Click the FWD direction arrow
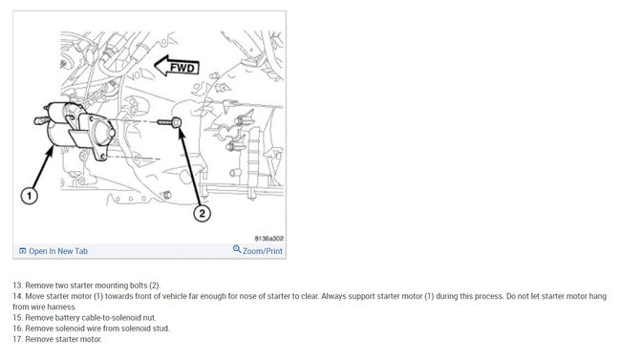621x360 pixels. pos(176,66)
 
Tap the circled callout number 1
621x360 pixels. pos(29,196)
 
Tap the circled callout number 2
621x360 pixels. pos(202,214)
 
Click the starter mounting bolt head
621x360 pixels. pos(177,122)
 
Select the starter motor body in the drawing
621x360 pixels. pos(75,130)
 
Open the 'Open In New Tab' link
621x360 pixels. pos(58,251)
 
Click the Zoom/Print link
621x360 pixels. pos(263,251)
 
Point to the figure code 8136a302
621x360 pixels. pos(268,239)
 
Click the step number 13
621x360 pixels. pos(18,286)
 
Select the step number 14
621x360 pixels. pos(18,296)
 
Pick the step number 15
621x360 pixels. pos(18,318)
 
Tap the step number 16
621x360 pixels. pos(18,328)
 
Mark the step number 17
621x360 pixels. pos(18,339)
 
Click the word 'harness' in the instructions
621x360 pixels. pos(63,307)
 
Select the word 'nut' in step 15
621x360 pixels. pos(151,318)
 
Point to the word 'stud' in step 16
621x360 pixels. pos(162,328)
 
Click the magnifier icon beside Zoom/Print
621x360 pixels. pos(237,249)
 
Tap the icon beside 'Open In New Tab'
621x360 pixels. pos(23,251)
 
